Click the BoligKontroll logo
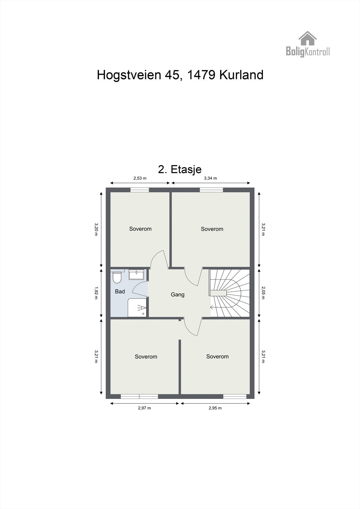[x=307, y=45]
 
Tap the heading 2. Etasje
[x=180, y=169]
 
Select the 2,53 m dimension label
[x=140, y=178]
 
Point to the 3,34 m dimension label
[x=210, y=178]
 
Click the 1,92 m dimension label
[x=96, y=293]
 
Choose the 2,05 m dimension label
[x=263, y=293]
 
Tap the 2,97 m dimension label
[x=144, y=408]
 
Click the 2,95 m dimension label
[x=215, y=408]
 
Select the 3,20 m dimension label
[x=96, y=229]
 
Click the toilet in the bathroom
[x=117, y=277]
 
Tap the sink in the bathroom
[x=137, y=274]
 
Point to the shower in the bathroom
[x=138, y=308]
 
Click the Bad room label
[x=120, y=291]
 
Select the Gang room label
[x=178, y=295]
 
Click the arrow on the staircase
[x=212, y=307]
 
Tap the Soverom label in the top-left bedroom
[x=140, y=229]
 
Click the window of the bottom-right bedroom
[x=235, y=396]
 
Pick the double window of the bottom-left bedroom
[x=139, y=396]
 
